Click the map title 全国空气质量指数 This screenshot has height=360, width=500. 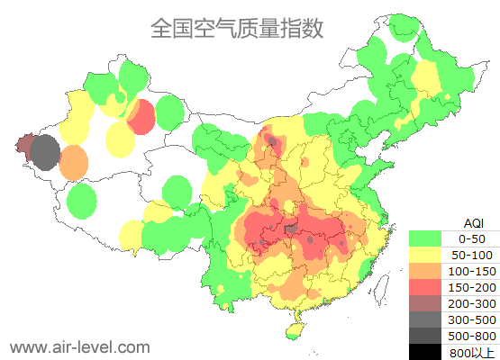[237, 29]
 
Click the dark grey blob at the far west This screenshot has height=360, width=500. [45, 153]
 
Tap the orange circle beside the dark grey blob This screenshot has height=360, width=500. [74, 163]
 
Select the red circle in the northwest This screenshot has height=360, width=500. [141, 117]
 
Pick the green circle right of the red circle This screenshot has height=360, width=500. [169, 112]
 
